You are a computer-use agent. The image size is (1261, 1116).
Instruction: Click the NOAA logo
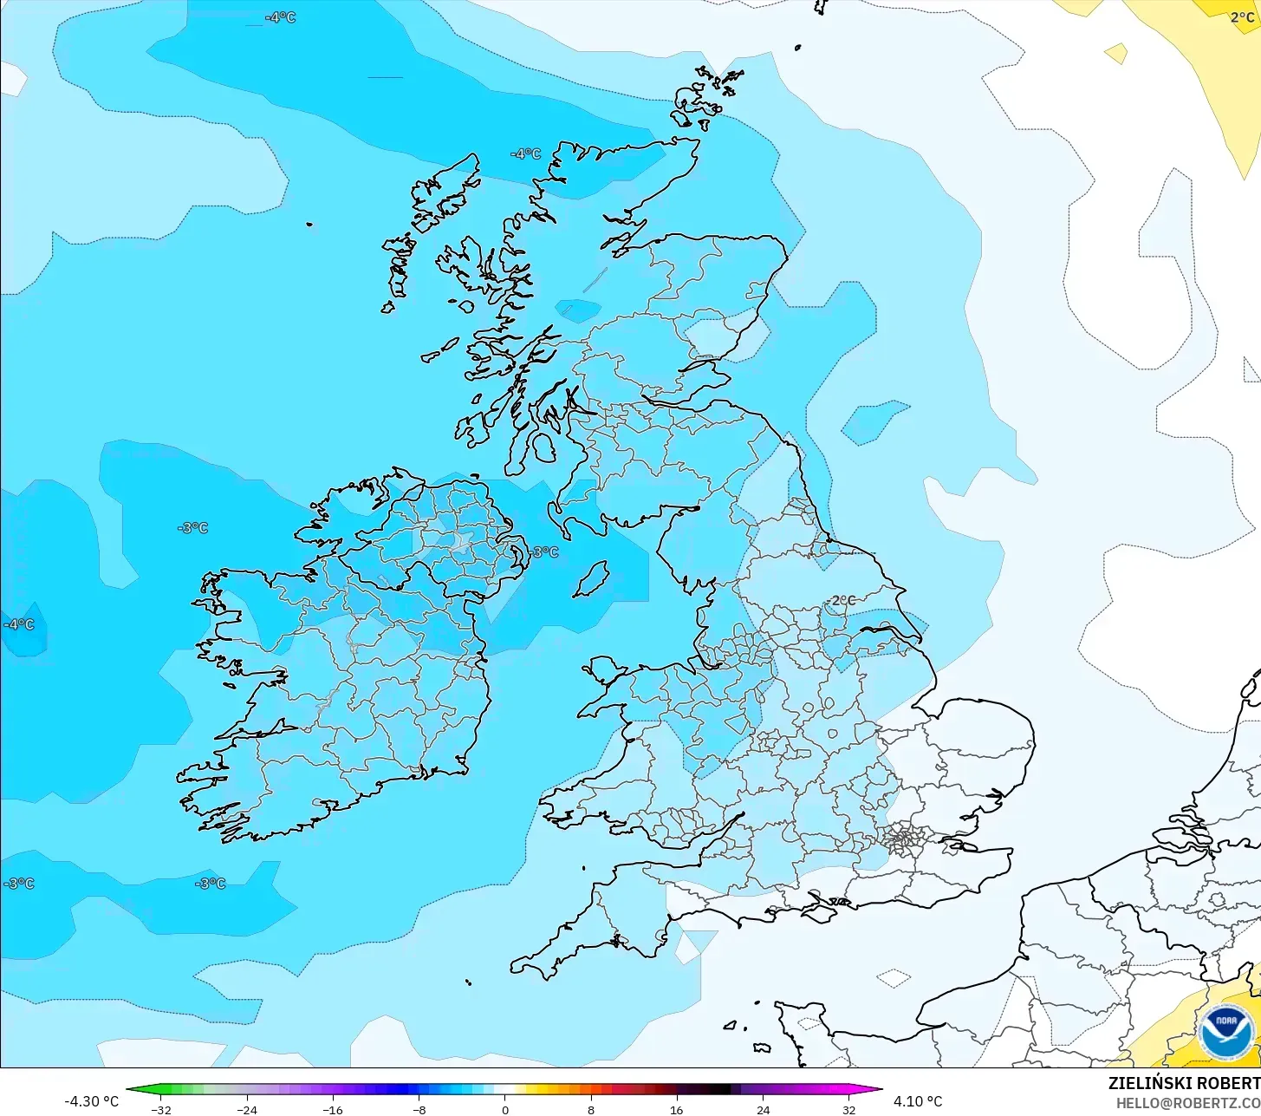click(x=1226, y=1033)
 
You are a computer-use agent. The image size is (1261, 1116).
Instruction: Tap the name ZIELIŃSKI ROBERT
click(x=1184, y=1084)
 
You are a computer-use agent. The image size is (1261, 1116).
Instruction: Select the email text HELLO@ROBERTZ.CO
click(x=1187, y=1103)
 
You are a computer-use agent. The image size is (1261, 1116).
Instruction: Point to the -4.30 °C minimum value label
click(x=91, y=1101)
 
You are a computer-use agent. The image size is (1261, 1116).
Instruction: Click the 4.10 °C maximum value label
click(x=918, y=1101)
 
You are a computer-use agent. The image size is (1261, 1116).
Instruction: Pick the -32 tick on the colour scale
click(x=161, y=1109)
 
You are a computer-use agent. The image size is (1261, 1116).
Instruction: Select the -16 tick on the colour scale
click(x=333, y=1109)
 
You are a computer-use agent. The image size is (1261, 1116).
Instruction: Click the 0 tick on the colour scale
click(x=505, y=1109)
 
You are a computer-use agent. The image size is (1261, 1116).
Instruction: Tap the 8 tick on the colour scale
click(x=591, y=1109)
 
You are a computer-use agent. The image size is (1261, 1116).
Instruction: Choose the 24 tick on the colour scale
click(x=763, y=1109)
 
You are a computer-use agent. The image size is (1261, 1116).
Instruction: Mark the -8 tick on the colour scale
click(x=419, y=1109)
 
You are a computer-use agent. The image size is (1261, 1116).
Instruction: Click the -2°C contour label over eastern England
click(x=840, y=600)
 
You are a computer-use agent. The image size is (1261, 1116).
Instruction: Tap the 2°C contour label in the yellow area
click(x=1242, y=17)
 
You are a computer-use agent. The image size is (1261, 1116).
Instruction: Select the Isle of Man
click(x=592, y=578)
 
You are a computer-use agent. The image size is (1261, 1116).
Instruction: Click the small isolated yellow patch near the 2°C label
click(x=1116, y=54)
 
